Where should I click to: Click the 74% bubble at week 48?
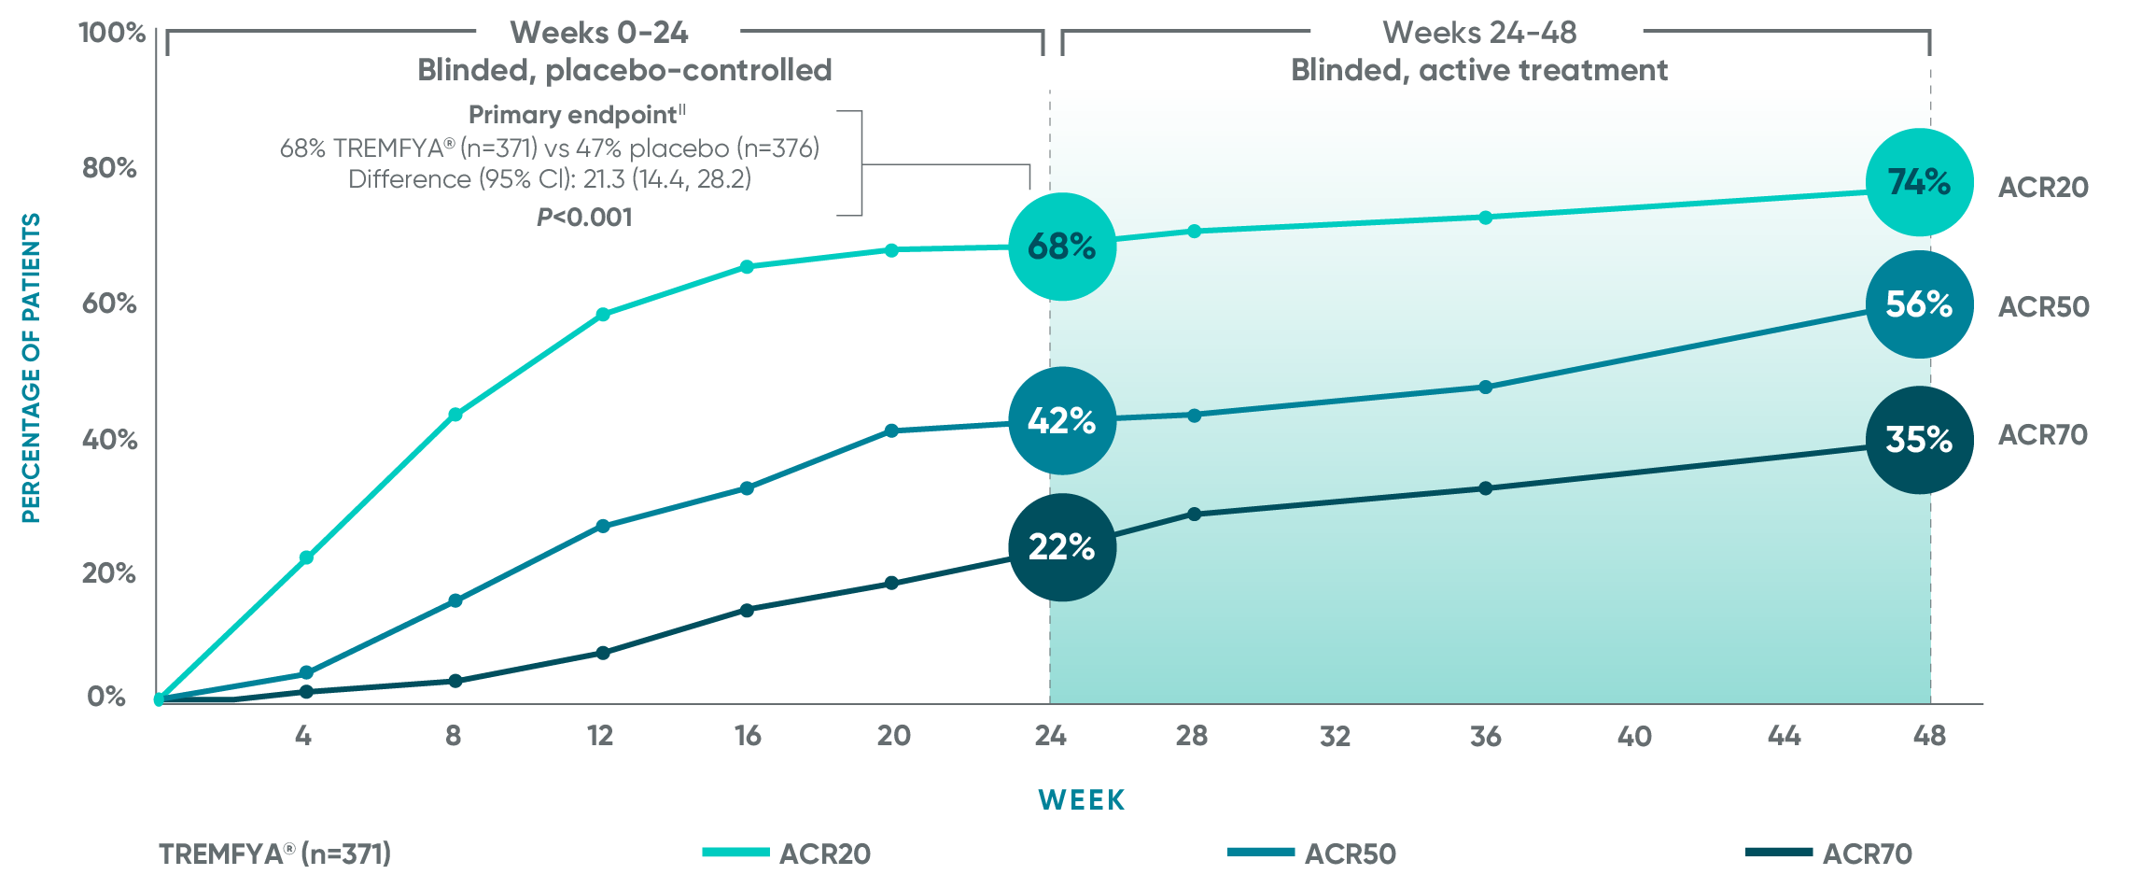pyautogui.click(x=1919, y=182)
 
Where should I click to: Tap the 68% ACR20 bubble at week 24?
pyautogui.click(x=1062, y=247)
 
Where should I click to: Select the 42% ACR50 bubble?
pyautogui.click(x=1062, y=421)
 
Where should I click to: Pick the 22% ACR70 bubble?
pyautogui.click(x=1062, y=547)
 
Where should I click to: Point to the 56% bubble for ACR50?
pyautogui.click(x=1919, y=304)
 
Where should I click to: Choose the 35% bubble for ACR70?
pyautogui.click(x=1919, y=440)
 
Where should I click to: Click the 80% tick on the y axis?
pyautogui.click(x=109, y=168)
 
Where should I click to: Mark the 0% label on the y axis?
pyautogui.click(x=106, y=697)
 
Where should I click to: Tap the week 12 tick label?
pyautogui.click(x=600, y=736)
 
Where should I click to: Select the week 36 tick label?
pyautogui.click(x=1485, y=737)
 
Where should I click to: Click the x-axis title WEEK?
pyautogui.click(x=1082, y=800)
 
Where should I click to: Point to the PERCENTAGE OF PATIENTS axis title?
pyautogui.click(x=31, y=368)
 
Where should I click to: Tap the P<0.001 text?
pyautogui.click(x=584, y=218)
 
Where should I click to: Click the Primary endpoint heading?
pyautogui.click(x=577, y=115)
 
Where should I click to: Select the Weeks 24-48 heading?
pyautogui.click(x=1479, y=33)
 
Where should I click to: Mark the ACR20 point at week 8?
pyautogui.click(x=455, y=415)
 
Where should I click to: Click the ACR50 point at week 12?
pyautogui.click(x=603, y=527)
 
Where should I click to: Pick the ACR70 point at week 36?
pyautogui.click(x=1485, y=488)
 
